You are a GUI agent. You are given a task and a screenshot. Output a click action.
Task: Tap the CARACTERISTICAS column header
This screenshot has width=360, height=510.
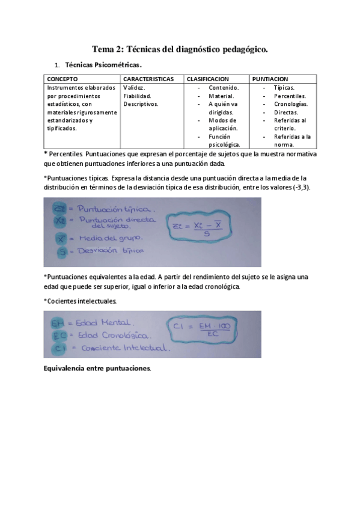point(148,79)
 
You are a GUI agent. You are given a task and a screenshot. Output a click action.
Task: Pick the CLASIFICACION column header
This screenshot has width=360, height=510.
point(207,79)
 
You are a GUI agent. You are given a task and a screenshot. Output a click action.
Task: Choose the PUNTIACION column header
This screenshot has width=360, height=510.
point(270,79)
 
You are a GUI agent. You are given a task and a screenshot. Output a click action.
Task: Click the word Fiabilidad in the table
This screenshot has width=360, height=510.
point(137,96)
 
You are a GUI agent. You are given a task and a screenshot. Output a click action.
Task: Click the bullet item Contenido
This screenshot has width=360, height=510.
point(224,87)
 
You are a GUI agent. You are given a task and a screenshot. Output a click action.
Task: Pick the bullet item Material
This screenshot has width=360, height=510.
point(222,96)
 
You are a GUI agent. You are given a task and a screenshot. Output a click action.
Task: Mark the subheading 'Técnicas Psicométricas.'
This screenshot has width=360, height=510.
point(103,64)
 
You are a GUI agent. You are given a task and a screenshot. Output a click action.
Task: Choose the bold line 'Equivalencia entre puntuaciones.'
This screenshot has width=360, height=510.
point(97,367)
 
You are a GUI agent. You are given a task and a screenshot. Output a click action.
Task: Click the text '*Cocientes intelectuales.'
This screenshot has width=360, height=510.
point(81,300)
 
